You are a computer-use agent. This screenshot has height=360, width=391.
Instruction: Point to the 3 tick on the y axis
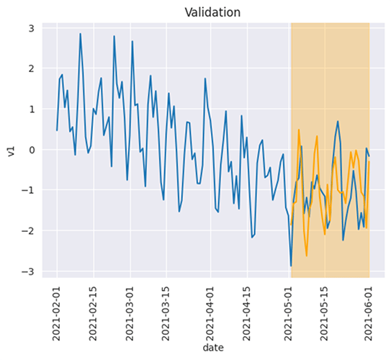31,28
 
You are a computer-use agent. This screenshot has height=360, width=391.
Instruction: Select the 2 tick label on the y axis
31,68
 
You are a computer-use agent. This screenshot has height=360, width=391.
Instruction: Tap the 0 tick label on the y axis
31,150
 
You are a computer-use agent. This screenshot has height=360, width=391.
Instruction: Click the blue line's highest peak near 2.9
81,33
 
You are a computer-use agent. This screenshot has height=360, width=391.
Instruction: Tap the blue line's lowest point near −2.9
291,266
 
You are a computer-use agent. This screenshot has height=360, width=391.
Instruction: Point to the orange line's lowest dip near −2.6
306,256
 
